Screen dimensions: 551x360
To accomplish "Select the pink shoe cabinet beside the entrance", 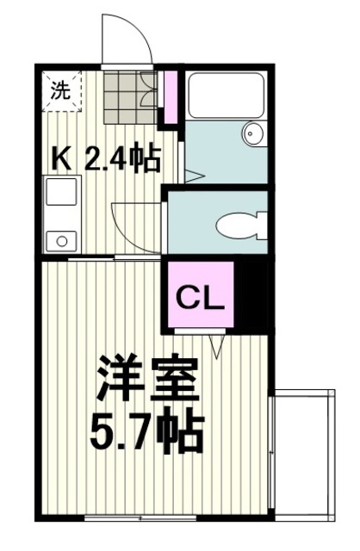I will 169,97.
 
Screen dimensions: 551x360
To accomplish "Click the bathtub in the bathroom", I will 227,97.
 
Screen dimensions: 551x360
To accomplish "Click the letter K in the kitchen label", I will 62,159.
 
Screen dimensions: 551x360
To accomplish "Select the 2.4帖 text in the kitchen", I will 123,159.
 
